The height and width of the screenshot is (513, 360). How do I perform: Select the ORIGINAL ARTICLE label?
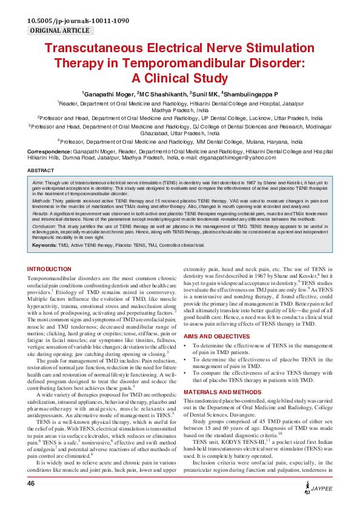click(60, 30)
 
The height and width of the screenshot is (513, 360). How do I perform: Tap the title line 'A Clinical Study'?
click(179, 77)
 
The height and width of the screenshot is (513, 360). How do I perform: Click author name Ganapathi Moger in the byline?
click(108, 95)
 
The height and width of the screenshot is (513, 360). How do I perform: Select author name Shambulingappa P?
click(252, 95)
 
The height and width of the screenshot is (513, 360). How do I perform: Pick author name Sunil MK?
click(205, 95)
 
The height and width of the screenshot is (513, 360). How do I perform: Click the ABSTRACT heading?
click(41, 171)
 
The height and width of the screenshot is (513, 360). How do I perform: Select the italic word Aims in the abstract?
click(38, 182)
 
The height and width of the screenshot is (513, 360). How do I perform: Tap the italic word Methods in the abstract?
click(41, 198)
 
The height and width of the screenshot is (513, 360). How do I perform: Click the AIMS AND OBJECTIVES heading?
click(216, 335)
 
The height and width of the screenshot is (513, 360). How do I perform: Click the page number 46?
click(32, 501)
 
